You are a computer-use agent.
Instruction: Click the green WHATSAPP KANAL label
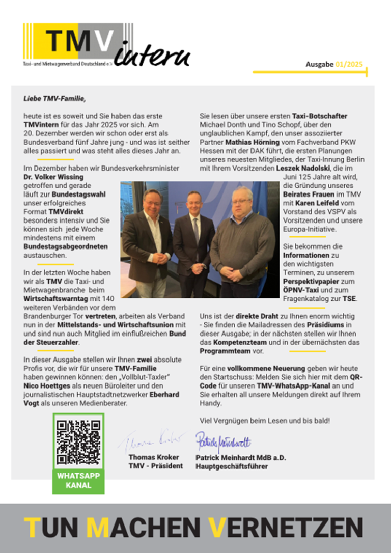[x=78, y=480]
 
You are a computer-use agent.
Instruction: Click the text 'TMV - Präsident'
[x=155, y=466]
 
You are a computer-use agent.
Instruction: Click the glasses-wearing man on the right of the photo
[x=241, y=239]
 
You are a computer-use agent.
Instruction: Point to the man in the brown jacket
[x=147, y=239]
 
